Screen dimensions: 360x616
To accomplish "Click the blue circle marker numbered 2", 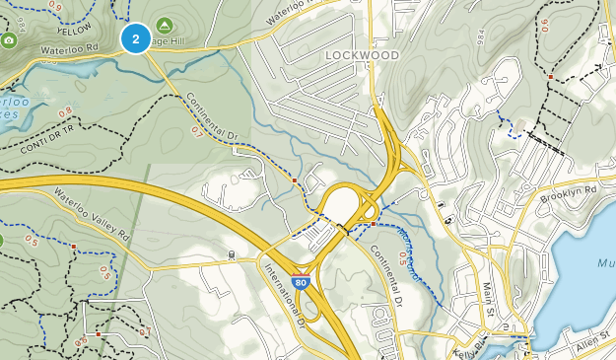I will (135, 38).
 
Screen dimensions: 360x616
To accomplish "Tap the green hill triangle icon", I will (164, 25).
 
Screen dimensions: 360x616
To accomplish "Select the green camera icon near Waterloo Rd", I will (8, 39).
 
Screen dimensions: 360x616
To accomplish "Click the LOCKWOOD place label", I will (362, 55).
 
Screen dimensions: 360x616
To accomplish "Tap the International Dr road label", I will (283, 292).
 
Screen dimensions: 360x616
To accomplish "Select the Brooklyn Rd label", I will (576, 189).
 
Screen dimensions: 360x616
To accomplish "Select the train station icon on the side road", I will (230, 254).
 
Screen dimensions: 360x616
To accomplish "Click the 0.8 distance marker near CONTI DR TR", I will (64, 111).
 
